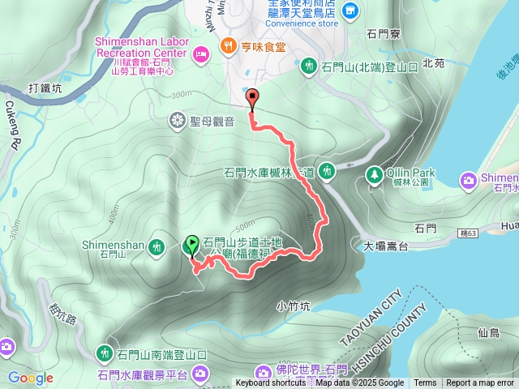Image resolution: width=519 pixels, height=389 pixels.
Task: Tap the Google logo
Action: coord(31,378)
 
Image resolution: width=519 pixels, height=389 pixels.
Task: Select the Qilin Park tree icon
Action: coord(375,173)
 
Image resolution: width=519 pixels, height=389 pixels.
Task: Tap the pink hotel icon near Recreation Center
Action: coord(201,53)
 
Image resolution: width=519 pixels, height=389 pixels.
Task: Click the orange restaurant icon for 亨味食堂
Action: coord(229,45)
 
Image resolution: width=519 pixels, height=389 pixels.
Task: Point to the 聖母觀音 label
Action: coord(212,122)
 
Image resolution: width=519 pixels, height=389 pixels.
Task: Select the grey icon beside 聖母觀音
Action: coord(178,122)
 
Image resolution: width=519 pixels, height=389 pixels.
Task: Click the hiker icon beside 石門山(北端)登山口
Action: coord(308,65)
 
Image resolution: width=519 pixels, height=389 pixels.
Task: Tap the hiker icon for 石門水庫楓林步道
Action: coord(326,170)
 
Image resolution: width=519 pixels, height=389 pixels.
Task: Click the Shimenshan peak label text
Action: coord(113,244)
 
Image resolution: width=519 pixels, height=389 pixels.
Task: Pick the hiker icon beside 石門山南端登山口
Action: coord(105,353)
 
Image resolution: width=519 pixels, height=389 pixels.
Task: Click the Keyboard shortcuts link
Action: coord(271,383)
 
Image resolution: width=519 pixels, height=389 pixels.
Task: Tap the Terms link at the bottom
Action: coord(425,383)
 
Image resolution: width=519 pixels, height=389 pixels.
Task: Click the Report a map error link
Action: coord(480,383)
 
